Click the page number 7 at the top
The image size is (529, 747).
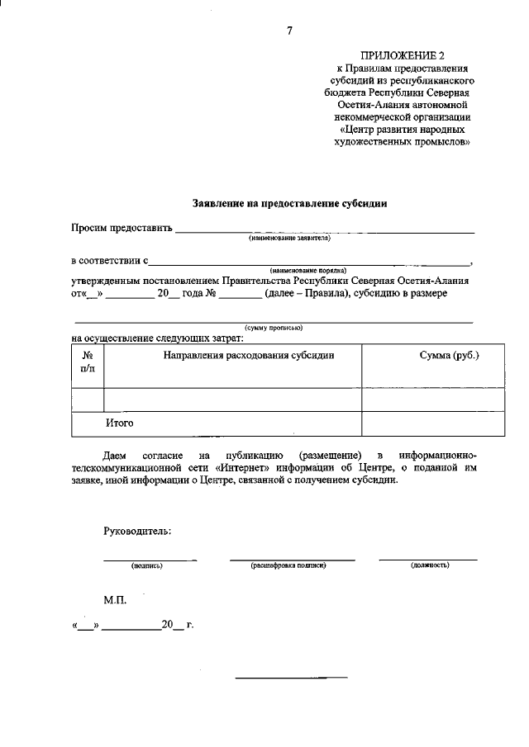click(x=289, y=31)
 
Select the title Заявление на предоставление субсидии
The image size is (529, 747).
click(x=289, y=202)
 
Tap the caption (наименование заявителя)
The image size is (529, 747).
click(x=289, y=238)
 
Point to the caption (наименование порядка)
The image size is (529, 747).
click(x=307, y=270)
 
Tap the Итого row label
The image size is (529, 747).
click(x=119, y=423)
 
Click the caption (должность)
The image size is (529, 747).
click(x=430, y=566)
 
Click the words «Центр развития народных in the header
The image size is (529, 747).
click(x=401, y=130)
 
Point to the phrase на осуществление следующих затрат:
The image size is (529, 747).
click(x=157, y=337)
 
